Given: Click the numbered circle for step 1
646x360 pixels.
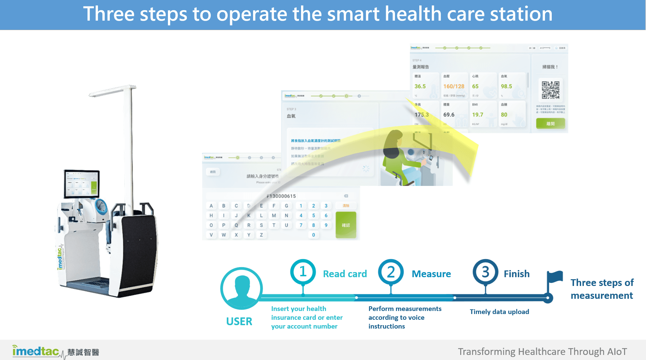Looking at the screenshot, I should (303, 272).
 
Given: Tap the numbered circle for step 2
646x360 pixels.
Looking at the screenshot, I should (391, 272).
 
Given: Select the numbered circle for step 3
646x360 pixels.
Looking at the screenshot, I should (485, 272).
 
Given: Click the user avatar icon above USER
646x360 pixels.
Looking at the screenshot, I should (241, 288).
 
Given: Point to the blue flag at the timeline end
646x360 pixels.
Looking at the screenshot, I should (555, 277).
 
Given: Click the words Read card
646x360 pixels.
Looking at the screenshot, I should (345, 274).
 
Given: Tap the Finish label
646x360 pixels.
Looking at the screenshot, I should (516, 274).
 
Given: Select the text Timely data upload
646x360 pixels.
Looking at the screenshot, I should (499, 312).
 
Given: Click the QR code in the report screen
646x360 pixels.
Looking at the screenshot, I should (550, 90).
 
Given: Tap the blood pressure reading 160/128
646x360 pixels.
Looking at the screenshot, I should (453, 87).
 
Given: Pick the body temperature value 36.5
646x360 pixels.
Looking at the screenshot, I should (420, 87).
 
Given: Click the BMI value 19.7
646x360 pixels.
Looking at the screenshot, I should (477, 115).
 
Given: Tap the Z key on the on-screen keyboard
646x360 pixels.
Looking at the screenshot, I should (261, 235).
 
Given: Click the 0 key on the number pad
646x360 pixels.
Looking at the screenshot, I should (314, 235).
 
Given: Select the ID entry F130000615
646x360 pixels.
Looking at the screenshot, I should (281, 196).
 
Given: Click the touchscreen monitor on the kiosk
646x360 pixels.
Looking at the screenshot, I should (82, 184).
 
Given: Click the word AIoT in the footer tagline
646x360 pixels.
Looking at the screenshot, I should (617, 352).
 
